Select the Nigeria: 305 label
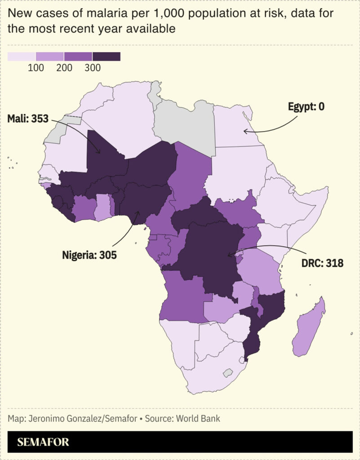coord(89,256)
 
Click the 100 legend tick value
coord(36,68)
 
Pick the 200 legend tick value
coord(64,68)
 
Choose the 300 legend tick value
coord(92,68)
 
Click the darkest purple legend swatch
coord(107,57)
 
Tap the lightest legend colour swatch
coord(22,57)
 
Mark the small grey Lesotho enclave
coord(228,372)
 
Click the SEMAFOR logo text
coord(43,442)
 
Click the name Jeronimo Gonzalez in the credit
coord(64,419)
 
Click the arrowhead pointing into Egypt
coord(244,131)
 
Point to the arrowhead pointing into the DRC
coord(229,256)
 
